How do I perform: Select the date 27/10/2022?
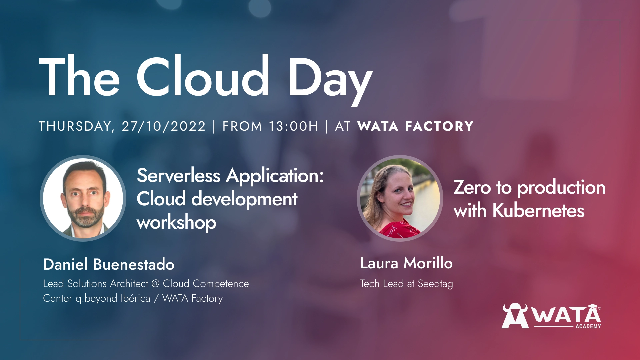[x=164, y=126]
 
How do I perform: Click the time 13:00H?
[x=293, y=126]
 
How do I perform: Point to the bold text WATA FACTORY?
[x=415, y=126]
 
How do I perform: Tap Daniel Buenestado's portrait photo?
[x=83, y=198]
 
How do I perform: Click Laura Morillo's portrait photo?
[x=400, y=198]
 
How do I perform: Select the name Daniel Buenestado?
[x=109, y=264]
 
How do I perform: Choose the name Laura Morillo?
[x=406, y=263]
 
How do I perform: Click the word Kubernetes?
[x=538, y=211]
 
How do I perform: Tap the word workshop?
[x=176, y=223]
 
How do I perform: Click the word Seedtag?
[x=435, y=284]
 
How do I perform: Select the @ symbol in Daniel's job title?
[x=155, y=283]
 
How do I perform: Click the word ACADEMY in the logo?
[x=588, y=326]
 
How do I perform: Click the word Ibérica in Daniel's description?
[x=135, y=298]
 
